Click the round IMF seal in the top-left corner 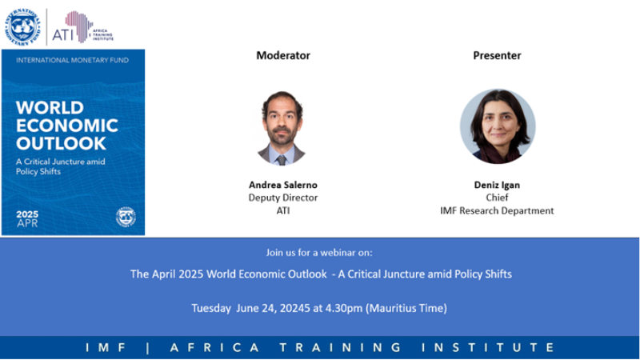(x=22, y=27)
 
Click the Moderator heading (x=283, y=55)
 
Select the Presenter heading (x=497, y=55)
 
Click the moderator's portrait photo (x=282, y=128)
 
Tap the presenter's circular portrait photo (x=498, y=126)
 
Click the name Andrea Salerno (x=283, y=185)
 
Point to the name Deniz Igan (x=497, y=185)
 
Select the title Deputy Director (x=283, y=198)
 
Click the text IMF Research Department (x=497, y=210)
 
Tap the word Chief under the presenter (x=497, y=198)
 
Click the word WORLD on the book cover (x=50, y=108)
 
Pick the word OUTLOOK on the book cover (x=62, y=144)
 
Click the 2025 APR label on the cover (x=27, y=218)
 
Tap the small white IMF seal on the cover (x=126, y=217)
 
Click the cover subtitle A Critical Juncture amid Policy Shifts (x=61, y=166)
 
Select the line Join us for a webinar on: (x=319, y=253)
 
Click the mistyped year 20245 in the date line (x=295, y=308)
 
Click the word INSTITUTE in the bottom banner (x=488, y=348)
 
